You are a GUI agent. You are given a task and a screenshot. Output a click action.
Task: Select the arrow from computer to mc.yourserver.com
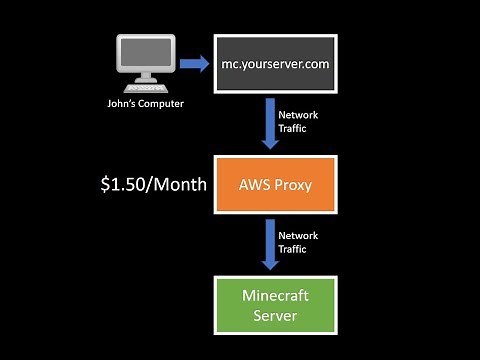(196, 64)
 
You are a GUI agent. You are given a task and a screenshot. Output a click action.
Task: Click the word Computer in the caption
(163, 101)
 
